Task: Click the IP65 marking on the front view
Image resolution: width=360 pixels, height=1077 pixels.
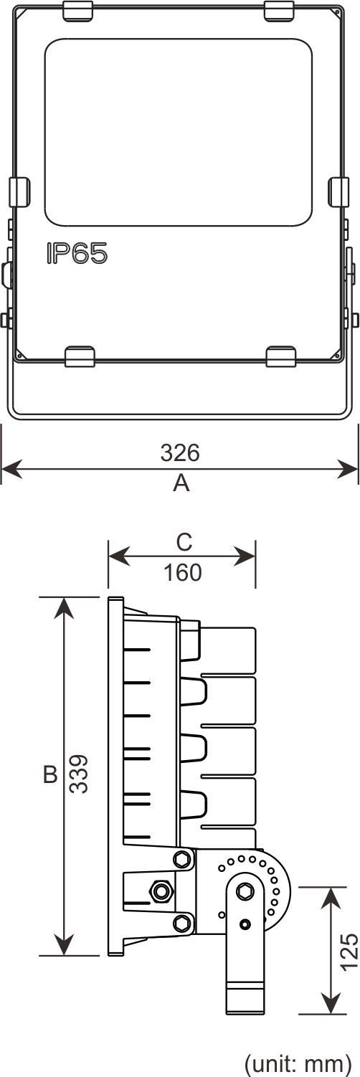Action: point(77,253)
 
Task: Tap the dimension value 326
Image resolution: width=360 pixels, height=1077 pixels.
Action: point(180,452)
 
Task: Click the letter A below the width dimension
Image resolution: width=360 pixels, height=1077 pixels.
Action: point(181,483)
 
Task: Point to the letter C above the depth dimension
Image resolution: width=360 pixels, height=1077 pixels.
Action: point(184,542)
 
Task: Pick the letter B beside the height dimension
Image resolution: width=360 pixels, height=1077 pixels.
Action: point(50,774)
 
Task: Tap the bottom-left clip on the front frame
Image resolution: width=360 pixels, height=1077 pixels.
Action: point(80,356)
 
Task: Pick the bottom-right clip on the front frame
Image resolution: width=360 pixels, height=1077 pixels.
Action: point(280,356)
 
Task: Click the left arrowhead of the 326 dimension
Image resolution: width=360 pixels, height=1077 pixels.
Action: point(11,469)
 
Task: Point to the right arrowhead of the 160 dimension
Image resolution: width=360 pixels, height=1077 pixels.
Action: point(245,556)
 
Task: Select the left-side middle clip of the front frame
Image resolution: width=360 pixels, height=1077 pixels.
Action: point(19,192)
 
